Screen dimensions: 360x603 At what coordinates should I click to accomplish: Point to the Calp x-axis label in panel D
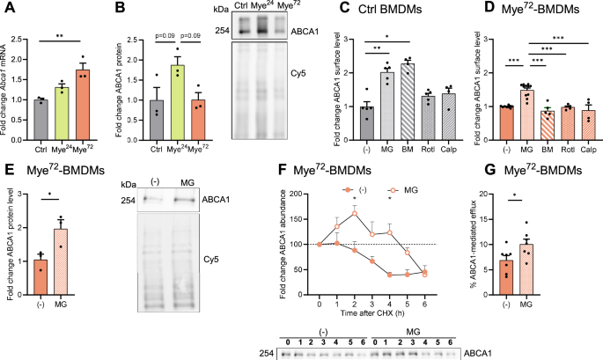tap(590, 144)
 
